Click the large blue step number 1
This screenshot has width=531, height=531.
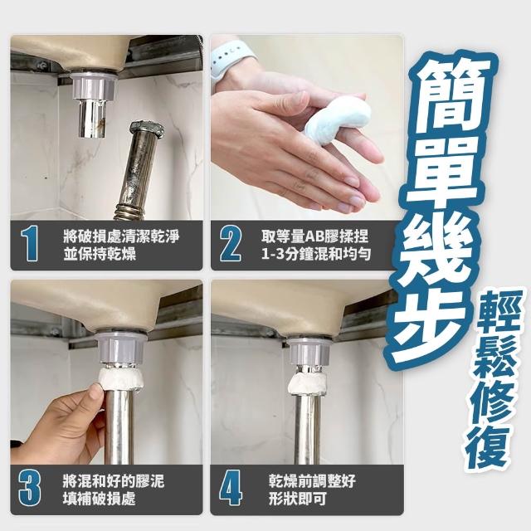(x=30, y=244)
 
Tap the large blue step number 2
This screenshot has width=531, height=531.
(x=231, y=244)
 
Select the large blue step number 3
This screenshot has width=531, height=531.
(x=30, y=489)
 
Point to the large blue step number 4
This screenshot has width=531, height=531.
(x=231, y=489)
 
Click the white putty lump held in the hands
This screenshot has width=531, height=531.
(x=337, y=120)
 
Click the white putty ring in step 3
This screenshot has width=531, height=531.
(x=121, y=380)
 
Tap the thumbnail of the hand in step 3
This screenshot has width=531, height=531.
(x=94, y=394)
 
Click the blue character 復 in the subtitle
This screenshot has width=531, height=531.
(x=487, y=446)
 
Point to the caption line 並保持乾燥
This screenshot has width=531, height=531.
(x=100, y=254)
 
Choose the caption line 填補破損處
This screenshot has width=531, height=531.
(x=100, y=499)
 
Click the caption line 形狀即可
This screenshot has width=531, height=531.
(x=297, y=499)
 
